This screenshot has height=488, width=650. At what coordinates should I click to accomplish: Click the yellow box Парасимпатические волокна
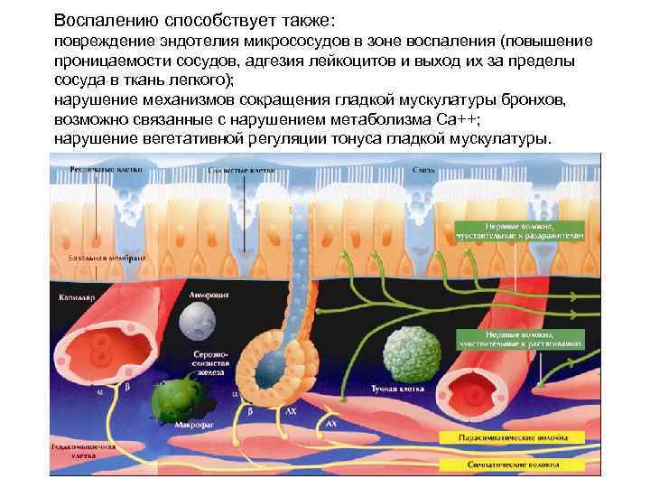click(513, 436)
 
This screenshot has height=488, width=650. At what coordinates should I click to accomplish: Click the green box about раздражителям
click(519, 230)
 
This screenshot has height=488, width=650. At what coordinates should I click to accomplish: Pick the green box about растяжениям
click(519, 339)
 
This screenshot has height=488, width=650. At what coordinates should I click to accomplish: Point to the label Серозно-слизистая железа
click(209, 361)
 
